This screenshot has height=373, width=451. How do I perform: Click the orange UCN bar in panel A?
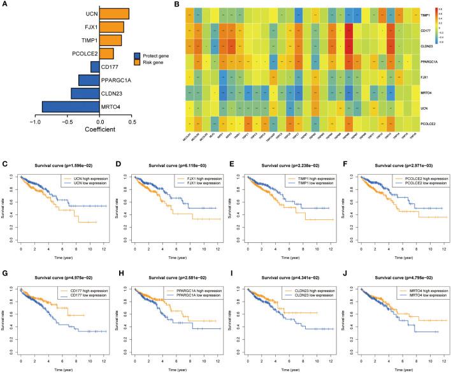(x=115, y=13)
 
